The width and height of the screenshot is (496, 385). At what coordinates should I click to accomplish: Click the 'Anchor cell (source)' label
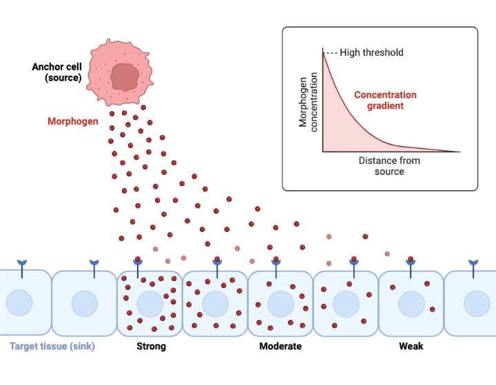click(x=56, y=72)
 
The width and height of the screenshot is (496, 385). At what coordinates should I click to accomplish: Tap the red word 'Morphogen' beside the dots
click(x=73, y=121)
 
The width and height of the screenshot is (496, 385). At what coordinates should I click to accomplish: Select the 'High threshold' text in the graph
click(x=371, y=52)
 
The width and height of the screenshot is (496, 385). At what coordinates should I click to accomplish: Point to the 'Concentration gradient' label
click(x=385, y=101)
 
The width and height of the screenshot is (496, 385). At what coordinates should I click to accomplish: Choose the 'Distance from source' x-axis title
click(x=389, y=166)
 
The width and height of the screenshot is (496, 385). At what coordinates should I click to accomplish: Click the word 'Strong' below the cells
click(x=151, y=346)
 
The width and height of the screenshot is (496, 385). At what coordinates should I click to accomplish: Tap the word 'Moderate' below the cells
click(x=280, y=346)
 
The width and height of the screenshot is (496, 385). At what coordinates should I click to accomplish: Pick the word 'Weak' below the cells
click(x=411, y=346)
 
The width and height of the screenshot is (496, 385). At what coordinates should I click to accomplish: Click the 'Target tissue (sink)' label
click(x=52, y=346)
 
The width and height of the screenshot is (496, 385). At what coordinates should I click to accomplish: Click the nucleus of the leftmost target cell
click(x=19, y=304)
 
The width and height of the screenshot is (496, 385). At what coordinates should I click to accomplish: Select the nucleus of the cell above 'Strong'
click(x=149, y=304)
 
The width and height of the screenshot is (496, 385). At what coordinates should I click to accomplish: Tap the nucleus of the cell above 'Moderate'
click(x=280, y=304)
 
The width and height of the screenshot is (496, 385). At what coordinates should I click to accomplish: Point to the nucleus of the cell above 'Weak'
click(x=411, y=304)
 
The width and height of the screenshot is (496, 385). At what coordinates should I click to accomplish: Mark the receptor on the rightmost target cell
click(x=473, y=267)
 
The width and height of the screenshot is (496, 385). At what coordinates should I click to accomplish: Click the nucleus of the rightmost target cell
click(x=476, y=304)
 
